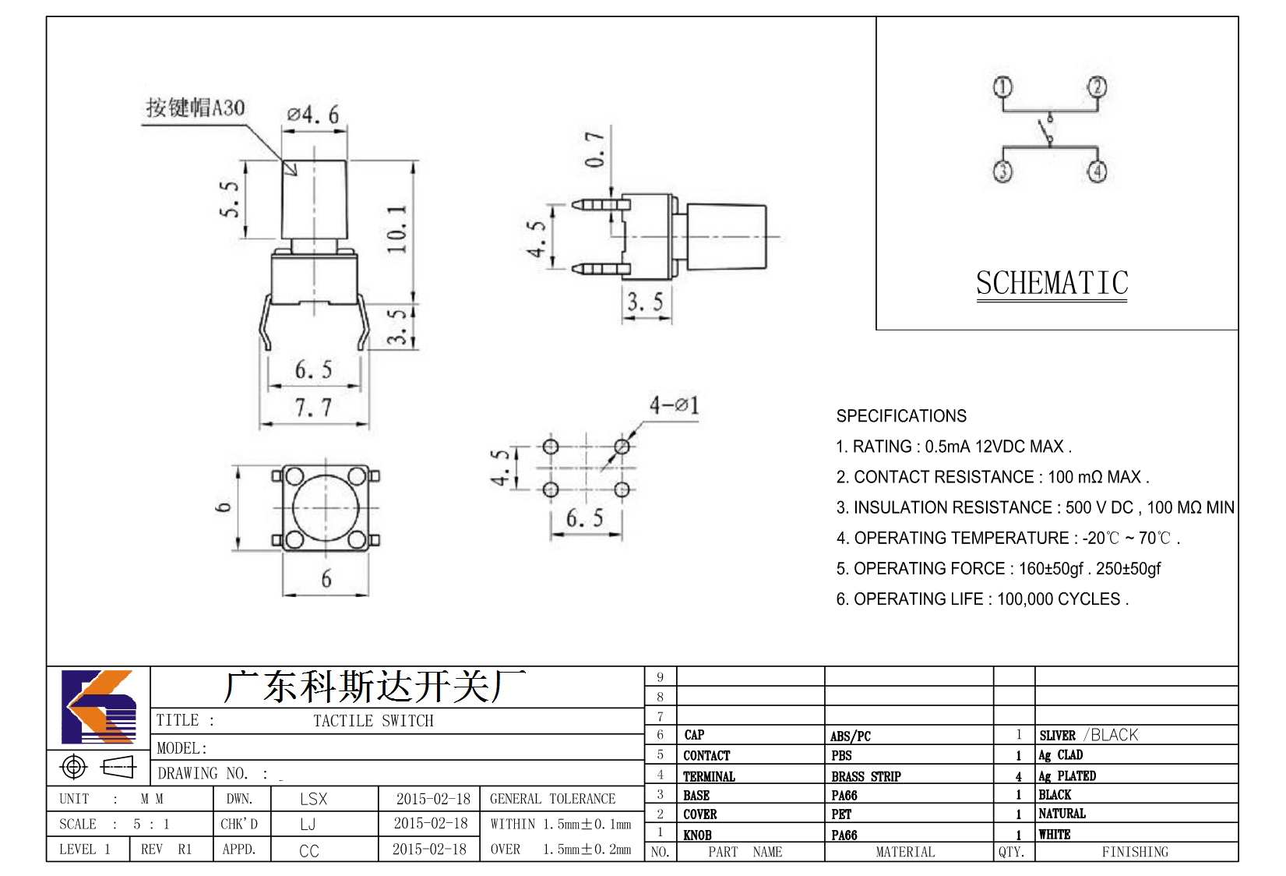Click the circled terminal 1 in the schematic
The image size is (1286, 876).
[1002, 87]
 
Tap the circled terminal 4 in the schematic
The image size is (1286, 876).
[1098, 171]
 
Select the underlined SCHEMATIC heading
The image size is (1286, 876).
[1052, 283]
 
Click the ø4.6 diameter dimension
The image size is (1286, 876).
[313, 115]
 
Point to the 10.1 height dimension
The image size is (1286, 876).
[396, 230]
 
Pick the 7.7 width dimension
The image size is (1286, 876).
[313, 408]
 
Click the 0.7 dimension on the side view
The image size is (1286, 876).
[595, 150]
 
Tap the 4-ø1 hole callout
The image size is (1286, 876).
[675, 405]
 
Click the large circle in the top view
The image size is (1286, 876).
[326, 508]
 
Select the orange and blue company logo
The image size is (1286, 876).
[100, 707]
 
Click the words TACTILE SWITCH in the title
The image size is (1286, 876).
[373, 720]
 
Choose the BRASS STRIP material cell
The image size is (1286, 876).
[865, 776]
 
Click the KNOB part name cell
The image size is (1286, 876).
[697, 835]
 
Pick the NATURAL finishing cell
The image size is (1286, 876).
[1062, 814]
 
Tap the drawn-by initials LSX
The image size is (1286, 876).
[313, 798]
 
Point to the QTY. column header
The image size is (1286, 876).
[1012, 852]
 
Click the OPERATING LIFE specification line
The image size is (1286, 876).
[982, 599]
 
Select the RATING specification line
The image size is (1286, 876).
[953, 447]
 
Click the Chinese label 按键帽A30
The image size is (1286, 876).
[196, 108]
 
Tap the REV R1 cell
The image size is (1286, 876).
[167, 849]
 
